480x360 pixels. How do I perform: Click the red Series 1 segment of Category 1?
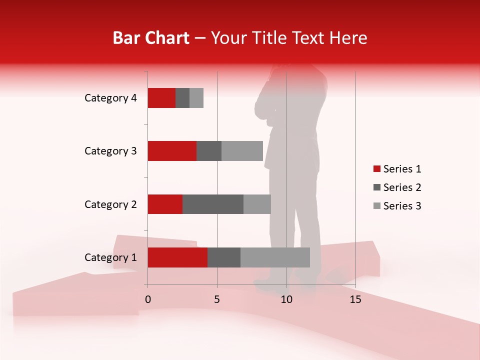click(x=177, y=257)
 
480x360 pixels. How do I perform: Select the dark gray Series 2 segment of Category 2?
click(x=213, y=204)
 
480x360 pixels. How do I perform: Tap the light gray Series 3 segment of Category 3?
click(x=242, y=151)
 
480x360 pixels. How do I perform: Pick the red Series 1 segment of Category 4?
click(x=161, y=98)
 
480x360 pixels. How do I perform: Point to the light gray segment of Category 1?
click(x=275, y=257)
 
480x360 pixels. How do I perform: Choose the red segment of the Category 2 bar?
click(x=165, y=204)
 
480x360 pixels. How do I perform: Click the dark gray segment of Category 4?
click(x=182, y=98)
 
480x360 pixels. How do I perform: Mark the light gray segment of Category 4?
click(x=196, y=98)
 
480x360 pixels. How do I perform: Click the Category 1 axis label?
click(x=110, y=257)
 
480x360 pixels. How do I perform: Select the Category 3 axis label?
click(x=110, y=151)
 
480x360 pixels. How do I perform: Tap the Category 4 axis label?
click(x=110, y=98)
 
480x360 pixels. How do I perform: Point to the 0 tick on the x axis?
click(x=148, y=299)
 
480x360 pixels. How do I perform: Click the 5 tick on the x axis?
click(x=217, y=299)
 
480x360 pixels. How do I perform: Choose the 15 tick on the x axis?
click(x=355, y=299)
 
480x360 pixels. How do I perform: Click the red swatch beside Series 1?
click(x=376, y=169)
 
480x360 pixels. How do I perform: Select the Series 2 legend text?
click(x=402, y=187)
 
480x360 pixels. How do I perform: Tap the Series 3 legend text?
click(x=402, y=206)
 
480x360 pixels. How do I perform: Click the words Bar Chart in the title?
click(x=151, y=38)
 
